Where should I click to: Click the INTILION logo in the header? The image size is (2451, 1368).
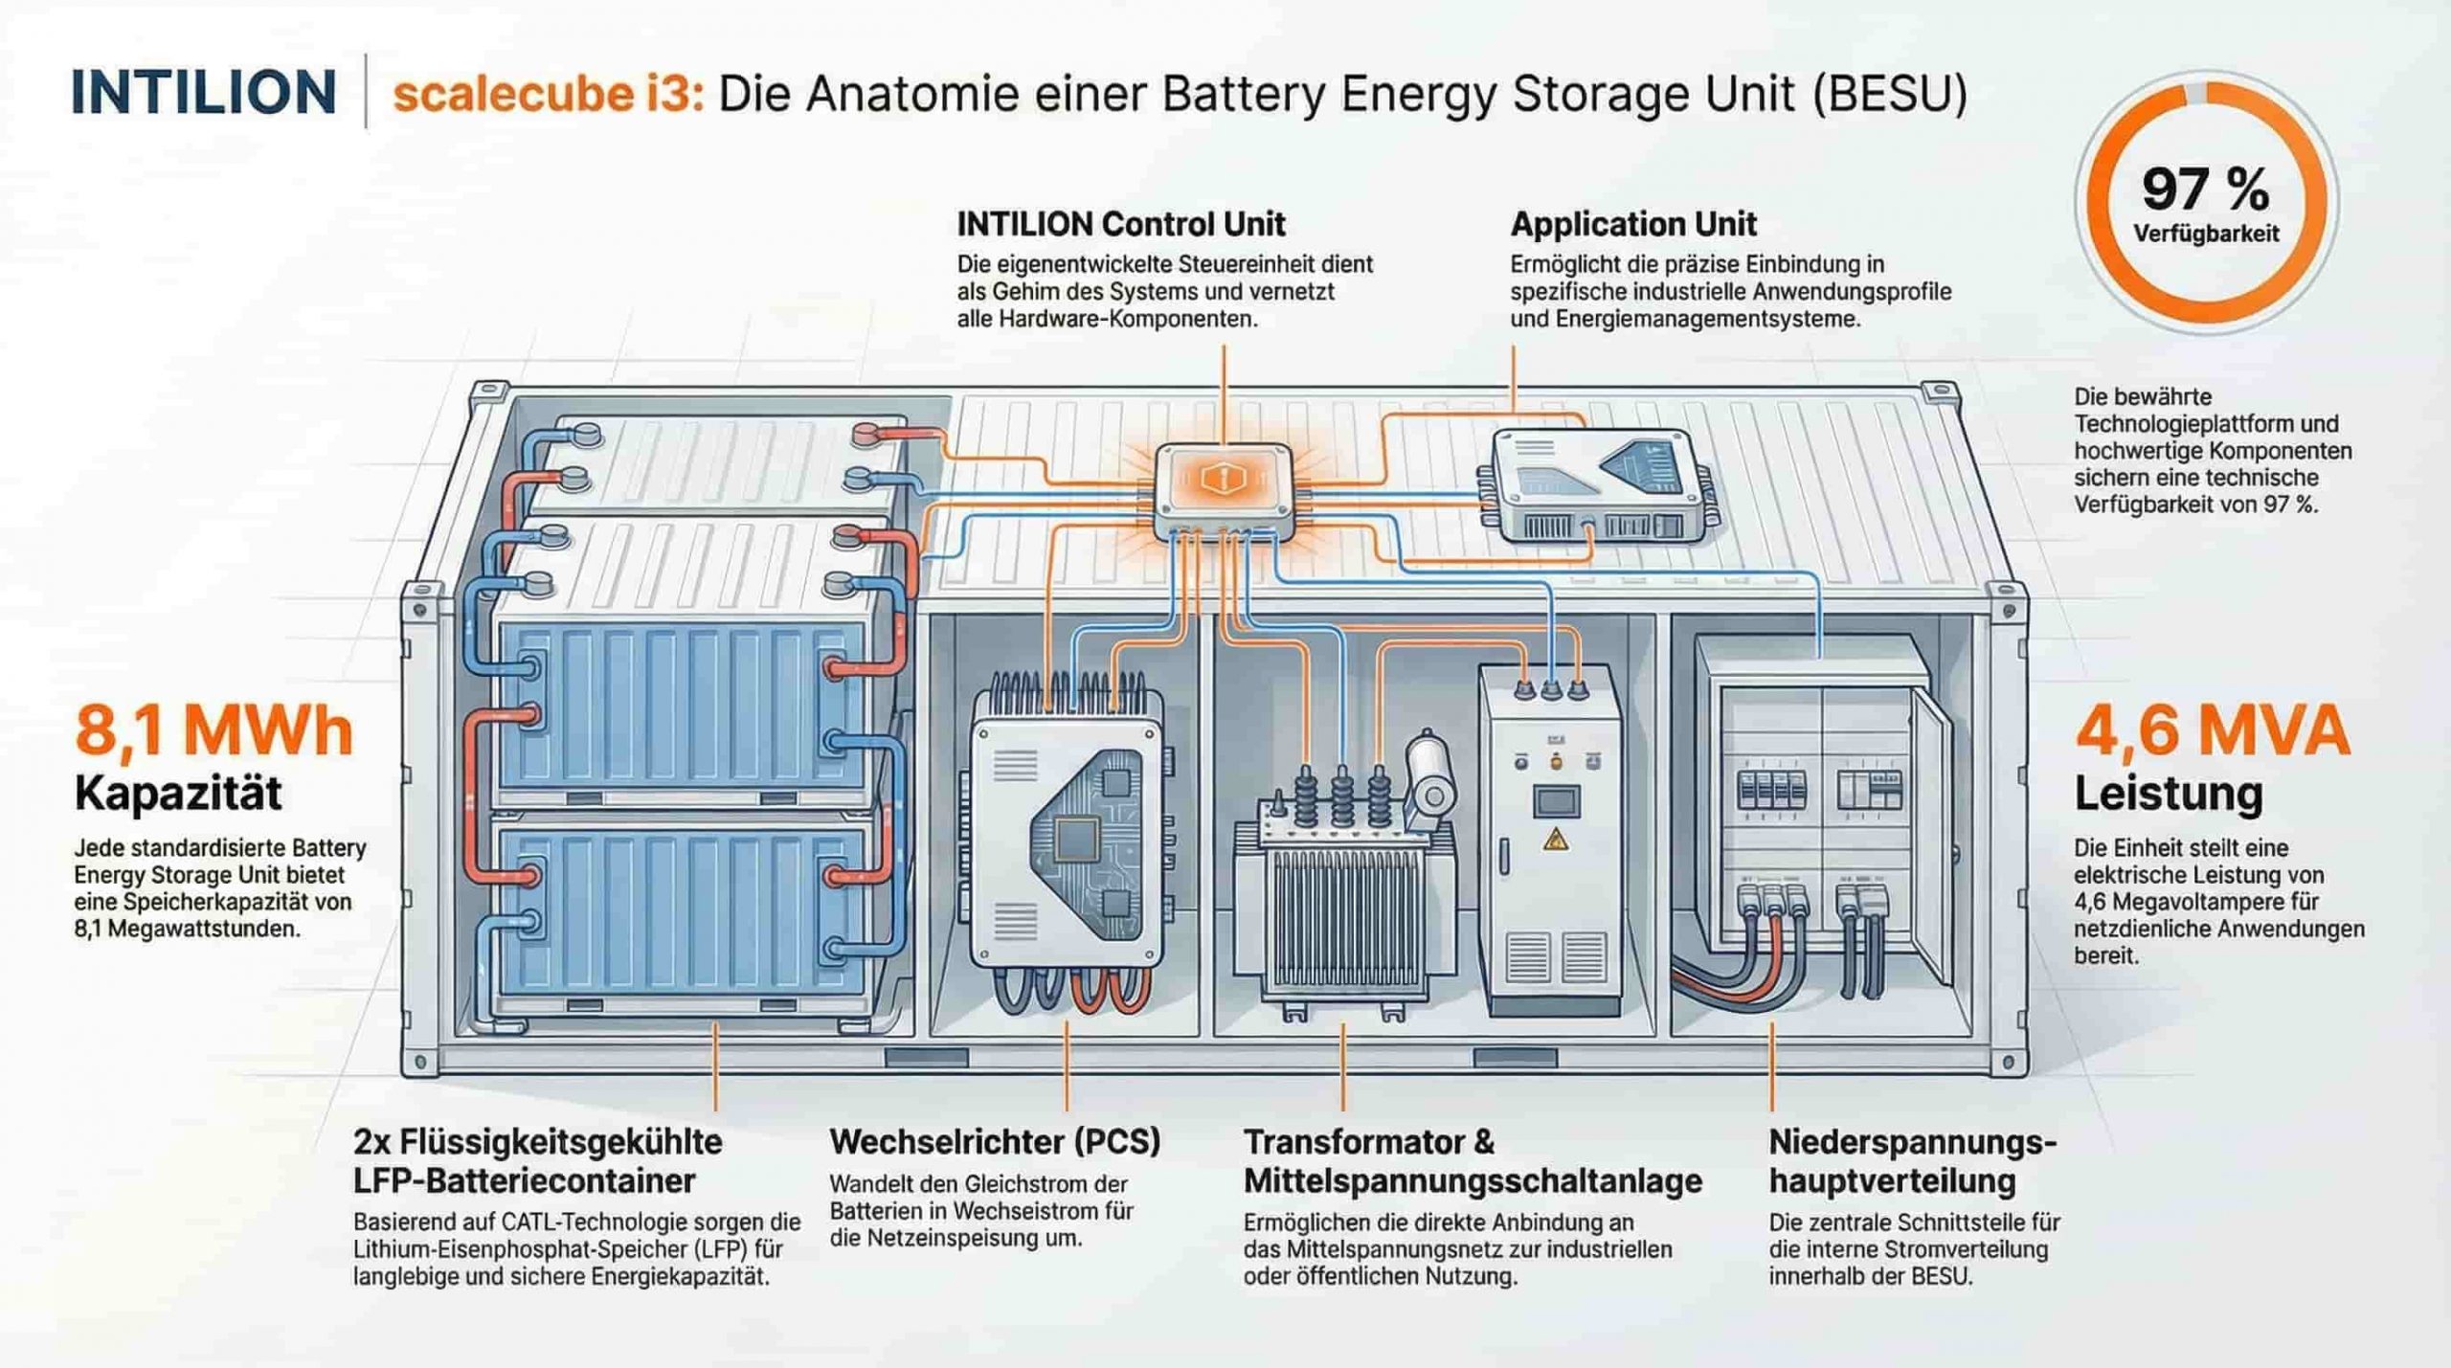203,93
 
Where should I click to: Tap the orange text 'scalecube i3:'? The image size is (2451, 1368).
549,95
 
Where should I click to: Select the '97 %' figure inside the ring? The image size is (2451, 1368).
2205,189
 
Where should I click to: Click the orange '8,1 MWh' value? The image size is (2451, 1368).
214,730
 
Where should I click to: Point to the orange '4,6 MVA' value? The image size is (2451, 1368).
2212,730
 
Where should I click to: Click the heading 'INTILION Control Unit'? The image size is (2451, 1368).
1120,224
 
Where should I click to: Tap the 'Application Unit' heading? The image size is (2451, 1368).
1633,224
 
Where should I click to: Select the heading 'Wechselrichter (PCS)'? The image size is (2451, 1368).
995,1141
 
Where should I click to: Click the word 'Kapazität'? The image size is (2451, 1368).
178,794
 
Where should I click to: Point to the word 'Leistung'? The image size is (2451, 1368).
2168,794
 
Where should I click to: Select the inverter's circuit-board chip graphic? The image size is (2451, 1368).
1077,840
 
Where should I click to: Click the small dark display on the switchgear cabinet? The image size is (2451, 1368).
1556,799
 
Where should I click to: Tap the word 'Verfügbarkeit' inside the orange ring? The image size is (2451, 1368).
2206,234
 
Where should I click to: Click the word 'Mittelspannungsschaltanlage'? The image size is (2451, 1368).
1473,1181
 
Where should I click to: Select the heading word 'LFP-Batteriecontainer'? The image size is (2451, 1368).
524,1181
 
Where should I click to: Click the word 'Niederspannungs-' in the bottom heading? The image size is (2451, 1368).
1912,1142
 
